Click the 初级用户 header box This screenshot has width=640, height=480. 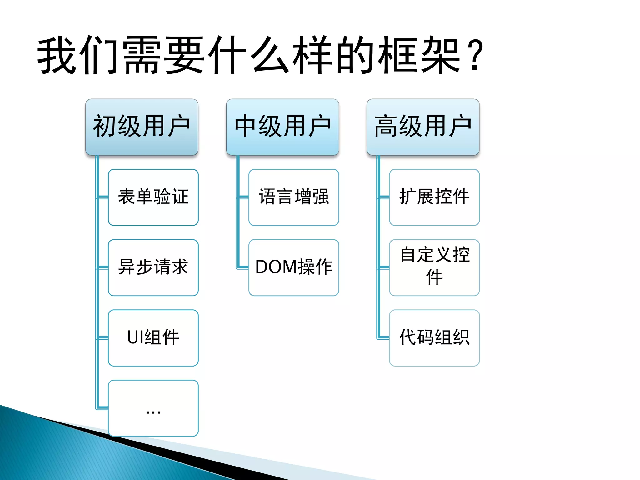(x=142, y=127)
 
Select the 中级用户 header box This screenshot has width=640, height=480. (x=282, y=127)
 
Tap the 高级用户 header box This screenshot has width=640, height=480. (x=423, y=127)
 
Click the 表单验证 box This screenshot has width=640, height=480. (x=153, y=197)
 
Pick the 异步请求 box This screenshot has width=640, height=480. (x=153, y=267)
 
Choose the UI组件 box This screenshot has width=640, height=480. (x=153, y=338)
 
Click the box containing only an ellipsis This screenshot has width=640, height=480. (x=153, y=408)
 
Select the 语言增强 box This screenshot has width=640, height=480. (x=294, y=197)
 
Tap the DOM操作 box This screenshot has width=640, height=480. (x=294, y=267)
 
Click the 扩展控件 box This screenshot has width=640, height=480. (x=434, y=197)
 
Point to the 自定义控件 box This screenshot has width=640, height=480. (x=434, y=267)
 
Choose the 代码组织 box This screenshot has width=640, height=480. (x=434, y=338)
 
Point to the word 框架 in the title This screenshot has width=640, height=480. (x=419, y=56)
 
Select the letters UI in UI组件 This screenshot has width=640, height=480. (x=135, y=337)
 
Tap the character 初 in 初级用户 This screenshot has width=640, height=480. (x=105, y=126)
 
